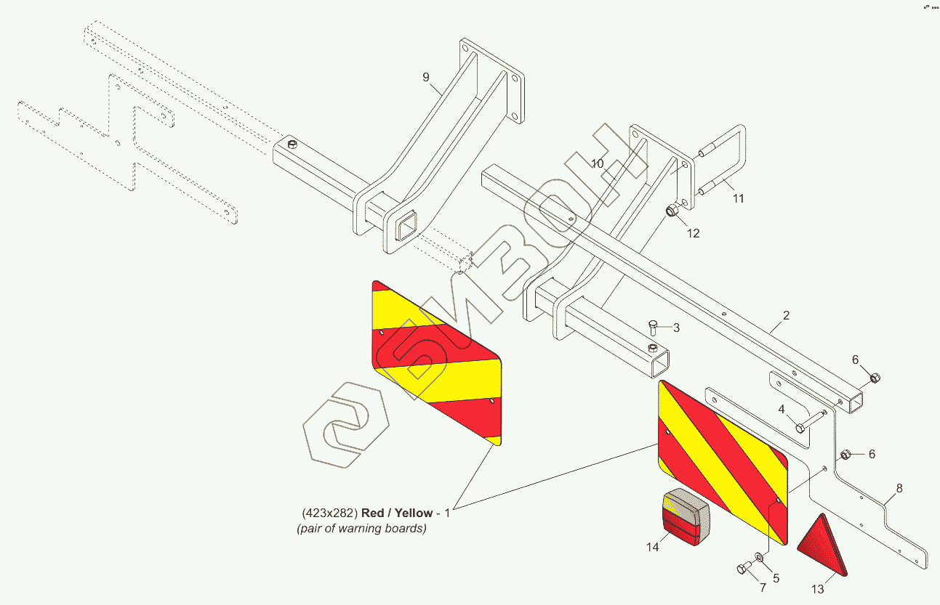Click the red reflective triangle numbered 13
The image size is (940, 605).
824,548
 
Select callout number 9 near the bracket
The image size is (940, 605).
426,77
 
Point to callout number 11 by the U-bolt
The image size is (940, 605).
738,198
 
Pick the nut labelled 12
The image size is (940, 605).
672,211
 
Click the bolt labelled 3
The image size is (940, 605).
653,328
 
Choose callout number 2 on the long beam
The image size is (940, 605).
787,316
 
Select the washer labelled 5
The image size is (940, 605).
759,557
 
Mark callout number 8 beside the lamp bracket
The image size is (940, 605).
899,489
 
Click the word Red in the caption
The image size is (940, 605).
373,513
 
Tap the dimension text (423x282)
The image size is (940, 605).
329,513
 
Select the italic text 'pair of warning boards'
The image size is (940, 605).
361,529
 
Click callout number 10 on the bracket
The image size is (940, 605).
597,164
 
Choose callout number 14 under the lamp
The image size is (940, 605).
653,547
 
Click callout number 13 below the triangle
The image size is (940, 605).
819,589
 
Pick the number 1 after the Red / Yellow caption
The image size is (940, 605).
448,513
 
